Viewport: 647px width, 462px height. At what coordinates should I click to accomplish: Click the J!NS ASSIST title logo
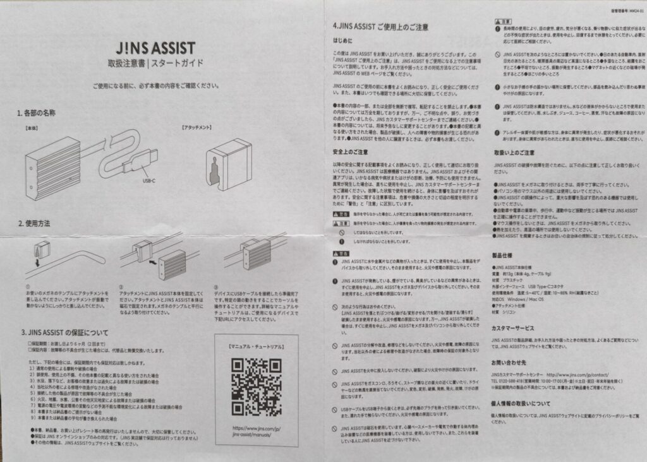pyautogui.click(x=155, y=48)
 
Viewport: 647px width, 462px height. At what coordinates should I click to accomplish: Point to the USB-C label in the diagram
pyautogui.click(x=147, y=180)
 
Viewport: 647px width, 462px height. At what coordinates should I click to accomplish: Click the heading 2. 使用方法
pyautogui.click(x=34, y=223)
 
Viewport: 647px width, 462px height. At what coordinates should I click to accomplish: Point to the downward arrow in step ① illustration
pyautogui.click(x=35, y=261)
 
